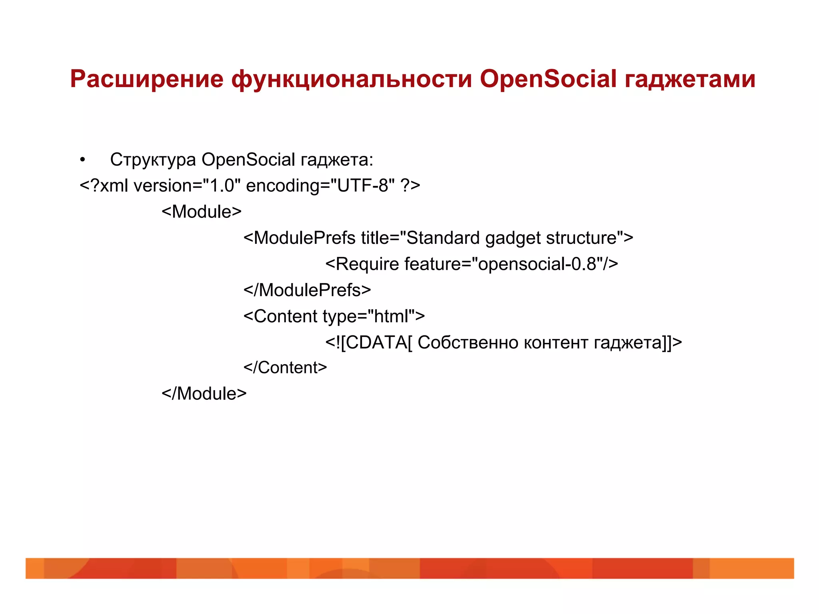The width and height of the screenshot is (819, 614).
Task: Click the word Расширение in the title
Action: pos(146,79)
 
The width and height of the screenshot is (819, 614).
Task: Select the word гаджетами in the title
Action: pos(690,79)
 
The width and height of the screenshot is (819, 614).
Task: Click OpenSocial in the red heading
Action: pos(548,79)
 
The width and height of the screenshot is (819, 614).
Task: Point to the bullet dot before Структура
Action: pos(82,160)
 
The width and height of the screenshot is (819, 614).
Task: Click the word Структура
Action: pos(153,160)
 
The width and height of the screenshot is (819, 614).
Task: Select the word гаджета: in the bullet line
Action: pos(337,160)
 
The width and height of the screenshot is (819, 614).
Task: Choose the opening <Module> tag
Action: pos(202,212)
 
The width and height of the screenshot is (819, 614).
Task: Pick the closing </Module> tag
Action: pos(204,394)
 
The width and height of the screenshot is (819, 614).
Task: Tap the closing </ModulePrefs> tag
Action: pos(307,290)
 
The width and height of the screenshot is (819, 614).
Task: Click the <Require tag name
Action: pos(362,264)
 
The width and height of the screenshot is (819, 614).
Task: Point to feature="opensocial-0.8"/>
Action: pos(511,264)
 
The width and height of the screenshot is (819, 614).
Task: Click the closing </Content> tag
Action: pos(285,368)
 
